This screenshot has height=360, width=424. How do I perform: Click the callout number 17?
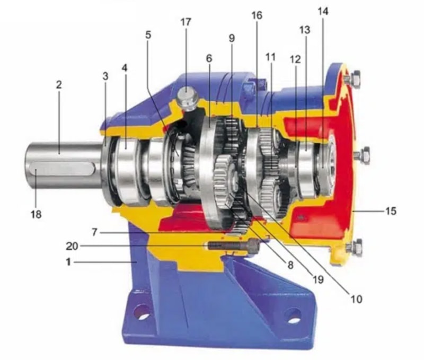click(186, 22)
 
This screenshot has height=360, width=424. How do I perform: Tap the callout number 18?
click(36, 214)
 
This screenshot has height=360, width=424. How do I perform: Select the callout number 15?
click(391, 210)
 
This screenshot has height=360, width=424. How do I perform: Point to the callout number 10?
click(356, 299)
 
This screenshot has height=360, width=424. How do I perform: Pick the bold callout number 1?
click(68, 262)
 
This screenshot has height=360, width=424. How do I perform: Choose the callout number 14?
click(323, 11)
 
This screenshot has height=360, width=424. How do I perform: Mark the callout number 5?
click(148, 35)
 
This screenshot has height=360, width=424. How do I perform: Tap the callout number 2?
click(59, 85)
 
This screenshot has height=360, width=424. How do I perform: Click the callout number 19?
click(319, 279)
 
